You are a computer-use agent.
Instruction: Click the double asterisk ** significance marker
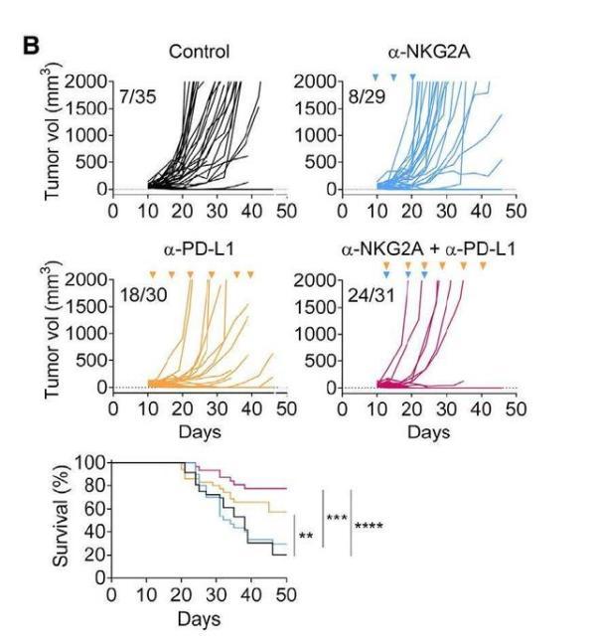point(306,538)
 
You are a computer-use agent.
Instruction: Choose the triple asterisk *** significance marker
point(336,518)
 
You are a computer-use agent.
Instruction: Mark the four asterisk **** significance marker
point(370,526)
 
